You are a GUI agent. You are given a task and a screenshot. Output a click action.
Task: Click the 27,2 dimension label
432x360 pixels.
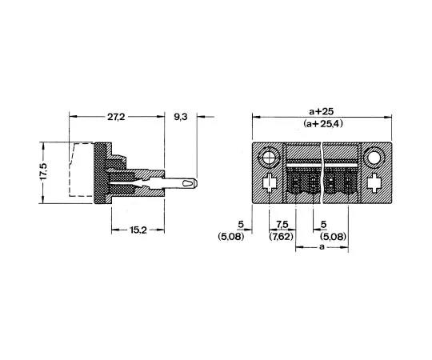point(117,117)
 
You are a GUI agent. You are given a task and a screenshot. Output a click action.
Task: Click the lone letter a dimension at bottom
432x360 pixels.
point(322,249)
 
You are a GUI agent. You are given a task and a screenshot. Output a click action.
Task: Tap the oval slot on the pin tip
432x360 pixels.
point(187,184)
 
